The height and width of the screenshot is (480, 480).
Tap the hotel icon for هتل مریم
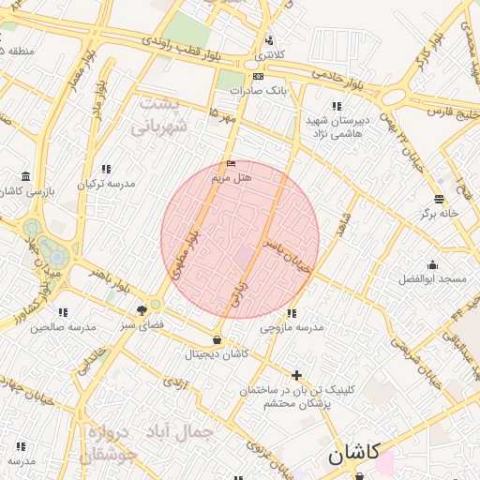pyautogui.click(x=231, y=164)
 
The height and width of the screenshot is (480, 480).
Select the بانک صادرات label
pyautogui.click(x=263, y=90)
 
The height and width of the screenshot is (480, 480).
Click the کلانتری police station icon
pyautogui.click(x=270, y=40)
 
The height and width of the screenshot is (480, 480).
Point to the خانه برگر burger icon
pyautogui.click(x=439, y=198)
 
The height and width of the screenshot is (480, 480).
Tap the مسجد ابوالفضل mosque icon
pyautogui.click(x=432, y=264)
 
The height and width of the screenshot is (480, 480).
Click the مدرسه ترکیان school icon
pyautogui.click(x=106, y=170)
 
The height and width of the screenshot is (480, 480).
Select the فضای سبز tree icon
pyautogui.click(x=142, y=308)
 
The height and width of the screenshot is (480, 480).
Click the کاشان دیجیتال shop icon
pyautogui.click(x=217, y=339)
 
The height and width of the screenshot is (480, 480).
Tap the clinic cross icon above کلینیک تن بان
pyautogui.click(x=297, y=375)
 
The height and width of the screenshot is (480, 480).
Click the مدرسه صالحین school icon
pyautogui.click(x=63, y=312)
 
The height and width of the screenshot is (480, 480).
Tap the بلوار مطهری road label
pyautogui.click(x=185, y=255)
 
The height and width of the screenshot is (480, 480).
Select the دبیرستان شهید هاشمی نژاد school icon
pyautogui.click(x=337, y=106)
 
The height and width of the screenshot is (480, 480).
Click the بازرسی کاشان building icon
pyautogui.click(x=24, y=176)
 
